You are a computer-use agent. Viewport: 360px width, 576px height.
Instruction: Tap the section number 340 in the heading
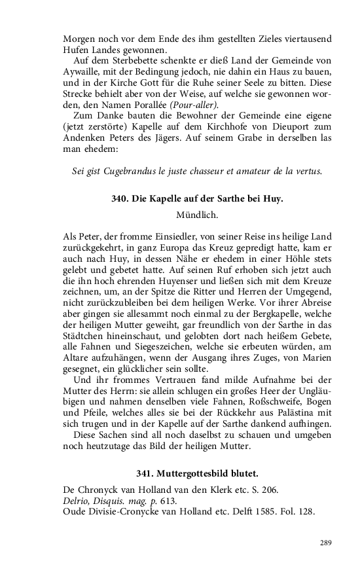pos(120,199)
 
